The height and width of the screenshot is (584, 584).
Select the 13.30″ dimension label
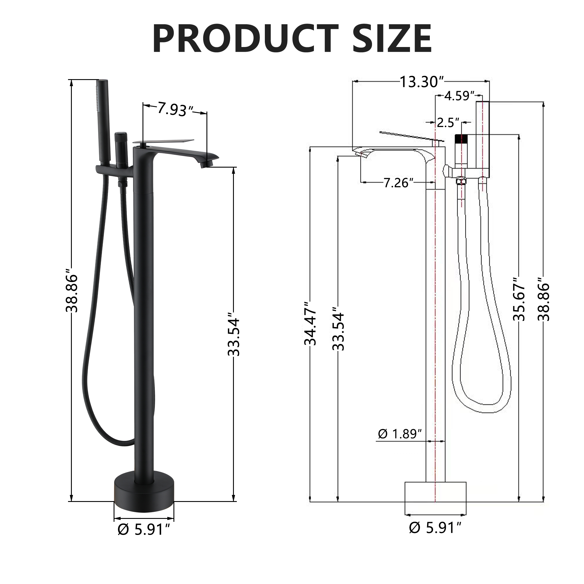[x=421, y=82]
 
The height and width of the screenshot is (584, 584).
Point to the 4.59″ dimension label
[x=459, y=96]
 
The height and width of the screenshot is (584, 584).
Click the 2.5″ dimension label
[x=448, y=122]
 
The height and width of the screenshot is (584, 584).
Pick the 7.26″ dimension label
[x=398, y=182]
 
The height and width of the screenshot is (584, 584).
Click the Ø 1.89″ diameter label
[x=400, y=434]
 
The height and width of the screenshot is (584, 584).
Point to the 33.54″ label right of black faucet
[x=234, y=337]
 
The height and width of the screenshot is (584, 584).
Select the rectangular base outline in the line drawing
[x=435, y=496]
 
